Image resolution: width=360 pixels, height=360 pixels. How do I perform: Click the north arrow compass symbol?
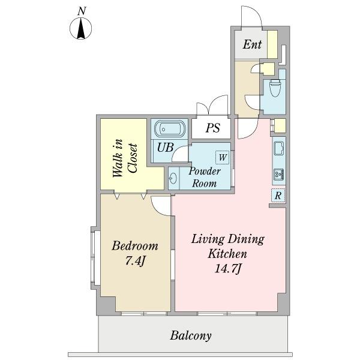tap(80, 28)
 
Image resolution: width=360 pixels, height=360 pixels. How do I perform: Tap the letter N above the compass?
tap(82, 11)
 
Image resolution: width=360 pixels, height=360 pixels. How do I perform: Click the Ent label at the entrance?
tap(252, 44)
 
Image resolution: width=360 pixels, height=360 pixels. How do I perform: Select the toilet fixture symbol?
tap(275, 88)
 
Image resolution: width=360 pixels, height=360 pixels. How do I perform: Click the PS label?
tap(213, 128)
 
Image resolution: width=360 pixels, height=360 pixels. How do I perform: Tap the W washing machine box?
tap(222, 157)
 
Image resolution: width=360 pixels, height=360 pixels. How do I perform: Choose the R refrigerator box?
tap(278, 196)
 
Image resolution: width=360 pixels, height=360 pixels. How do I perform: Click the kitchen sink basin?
tap(279, 148)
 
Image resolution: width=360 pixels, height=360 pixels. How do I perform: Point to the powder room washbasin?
tap(173, 178)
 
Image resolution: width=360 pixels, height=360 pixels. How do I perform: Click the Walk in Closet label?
tap(125, 158)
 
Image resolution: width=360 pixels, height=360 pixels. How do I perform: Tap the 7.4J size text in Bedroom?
tap(136, 260)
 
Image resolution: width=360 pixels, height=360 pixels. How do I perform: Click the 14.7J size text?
tap(228, 268)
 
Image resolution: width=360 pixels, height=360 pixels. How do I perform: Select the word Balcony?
tap(191, 335)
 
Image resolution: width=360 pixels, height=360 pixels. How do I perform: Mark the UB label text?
tap(166, 147)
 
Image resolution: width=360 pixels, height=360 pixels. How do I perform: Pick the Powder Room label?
tap(205, 177)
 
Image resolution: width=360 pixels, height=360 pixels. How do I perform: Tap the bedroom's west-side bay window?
tap(95, 258)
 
